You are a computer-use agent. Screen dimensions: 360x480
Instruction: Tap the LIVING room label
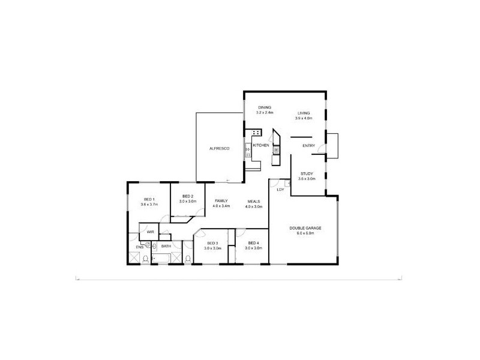304,113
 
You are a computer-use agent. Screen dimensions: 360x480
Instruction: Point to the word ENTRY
309,146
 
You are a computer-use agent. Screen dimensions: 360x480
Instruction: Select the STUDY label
307,173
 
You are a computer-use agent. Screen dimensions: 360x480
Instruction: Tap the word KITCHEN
260,146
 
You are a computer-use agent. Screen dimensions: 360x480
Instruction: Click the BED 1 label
149,199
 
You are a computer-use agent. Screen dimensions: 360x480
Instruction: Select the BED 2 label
187,196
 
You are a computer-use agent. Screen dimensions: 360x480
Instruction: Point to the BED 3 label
212,242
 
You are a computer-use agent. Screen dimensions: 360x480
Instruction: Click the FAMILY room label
221,201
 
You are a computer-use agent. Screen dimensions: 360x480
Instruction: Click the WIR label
150,231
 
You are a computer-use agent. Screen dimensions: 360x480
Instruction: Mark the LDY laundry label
280,190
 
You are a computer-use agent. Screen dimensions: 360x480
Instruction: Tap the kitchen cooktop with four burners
256,132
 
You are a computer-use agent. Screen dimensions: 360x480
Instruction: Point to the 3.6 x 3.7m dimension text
149,205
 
